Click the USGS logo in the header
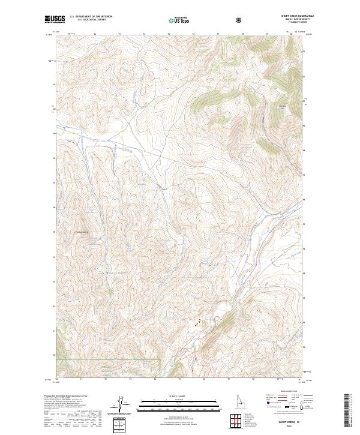(x=55, y=20)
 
